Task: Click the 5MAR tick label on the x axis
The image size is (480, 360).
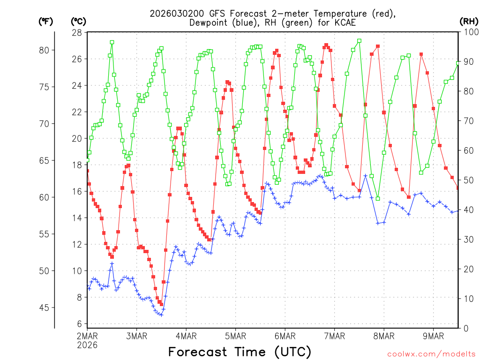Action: click(235, 336)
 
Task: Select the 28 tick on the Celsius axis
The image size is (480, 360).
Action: click(76, 32)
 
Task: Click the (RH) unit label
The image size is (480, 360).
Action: click(469, 21)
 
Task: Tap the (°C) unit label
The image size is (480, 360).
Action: click(79, 21)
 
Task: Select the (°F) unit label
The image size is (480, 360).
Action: click(45, 21)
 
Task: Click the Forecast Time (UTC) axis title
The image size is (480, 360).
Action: click(240, 351)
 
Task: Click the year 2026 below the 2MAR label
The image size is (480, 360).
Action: click(88, 345)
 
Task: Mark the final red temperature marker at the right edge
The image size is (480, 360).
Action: click(458, 188)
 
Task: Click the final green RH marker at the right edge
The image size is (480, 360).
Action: click(458, 63)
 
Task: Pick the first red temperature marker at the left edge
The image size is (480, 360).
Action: click(87, 171)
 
